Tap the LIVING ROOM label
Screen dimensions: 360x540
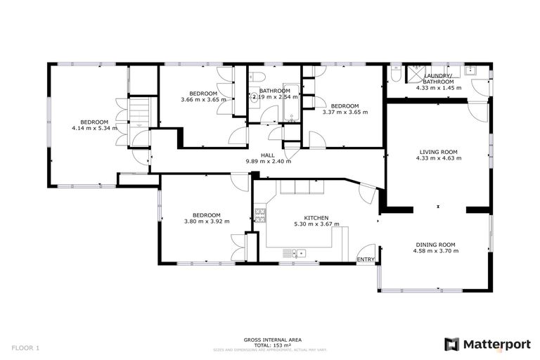(438, 151)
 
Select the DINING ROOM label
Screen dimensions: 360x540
(436, 244)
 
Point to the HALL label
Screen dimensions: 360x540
(268, 155)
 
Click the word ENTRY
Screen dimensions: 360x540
(366, 259)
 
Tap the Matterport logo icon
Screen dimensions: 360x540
(451, 344)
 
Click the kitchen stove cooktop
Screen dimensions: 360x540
(259, 214)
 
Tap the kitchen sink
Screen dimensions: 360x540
(296, 252)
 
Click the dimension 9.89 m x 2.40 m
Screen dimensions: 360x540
(268, 161)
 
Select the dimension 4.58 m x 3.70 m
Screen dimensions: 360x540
(436, 250)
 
